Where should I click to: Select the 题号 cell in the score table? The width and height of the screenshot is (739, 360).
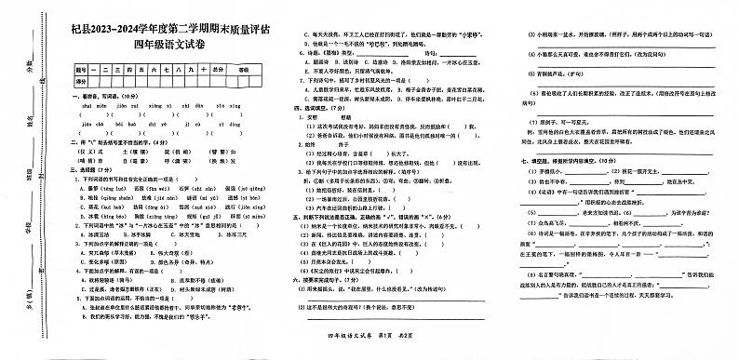81,70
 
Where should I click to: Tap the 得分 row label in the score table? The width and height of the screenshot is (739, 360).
81,82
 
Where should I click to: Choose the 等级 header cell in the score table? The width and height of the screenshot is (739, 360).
244,70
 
